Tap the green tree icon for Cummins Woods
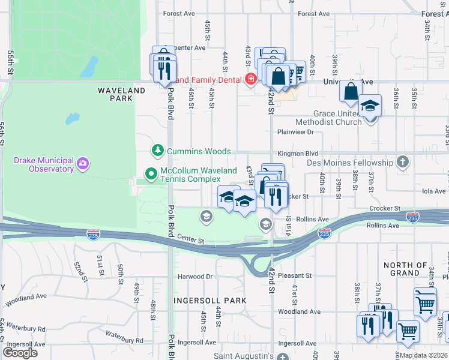[157, 151]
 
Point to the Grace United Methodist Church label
[338, 118]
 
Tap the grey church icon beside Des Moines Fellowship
[402, 162]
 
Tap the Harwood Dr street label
[195, 277]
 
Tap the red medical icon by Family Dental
[250, 79]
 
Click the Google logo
[20, 353]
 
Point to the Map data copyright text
[423, 355]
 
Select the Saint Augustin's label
[246, 356]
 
